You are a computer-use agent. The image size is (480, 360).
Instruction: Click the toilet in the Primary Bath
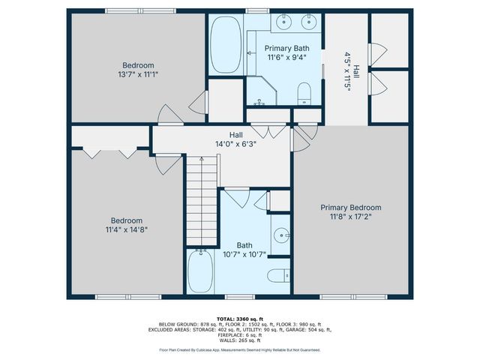[x=304, y=94]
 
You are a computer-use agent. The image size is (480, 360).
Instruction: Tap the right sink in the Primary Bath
[x=308, y=22]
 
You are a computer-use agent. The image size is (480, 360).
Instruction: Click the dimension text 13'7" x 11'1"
[x=138, y=74]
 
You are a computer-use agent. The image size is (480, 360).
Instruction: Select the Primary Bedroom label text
[x=350, y=208]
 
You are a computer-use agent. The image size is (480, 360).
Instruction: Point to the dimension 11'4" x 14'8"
[x=124, y=230]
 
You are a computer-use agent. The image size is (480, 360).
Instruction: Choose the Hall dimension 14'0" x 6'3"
[x=235, y=145]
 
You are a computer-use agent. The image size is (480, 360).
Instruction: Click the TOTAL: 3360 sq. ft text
[x=240, y=319]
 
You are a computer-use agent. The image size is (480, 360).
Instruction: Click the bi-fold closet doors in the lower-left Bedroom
[x=109, y=152]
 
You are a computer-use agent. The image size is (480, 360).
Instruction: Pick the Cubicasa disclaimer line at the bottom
[x=240, y=349]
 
